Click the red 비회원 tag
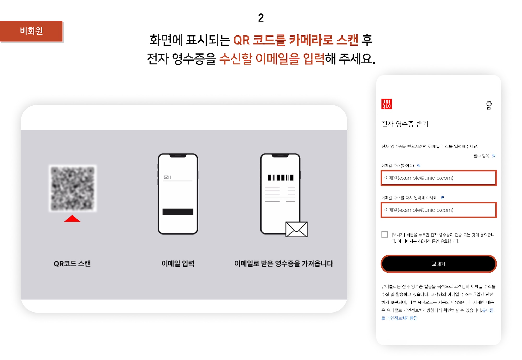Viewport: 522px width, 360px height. (x=31, y=31)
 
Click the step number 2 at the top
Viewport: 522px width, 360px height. (x=261, y=18)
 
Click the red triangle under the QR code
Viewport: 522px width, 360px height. (x=72, y=219)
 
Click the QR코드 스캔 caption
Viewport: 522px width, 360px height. (x=72, y=263)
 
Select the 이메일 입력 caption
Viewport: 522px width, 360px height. (x=178, y=263)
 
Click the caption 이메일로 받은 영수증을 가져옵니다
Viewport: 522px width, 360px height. (x=283, y=263)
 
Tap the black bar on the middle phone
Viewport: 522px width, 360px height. (x=178, y=212)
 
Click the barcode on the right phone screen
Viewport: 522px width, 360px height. (x=281, y=178)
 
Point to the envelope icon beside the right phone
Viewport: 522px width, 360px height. (x=296, y=229)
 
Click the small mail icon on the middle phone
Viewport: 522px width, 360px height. (x=166, y=177)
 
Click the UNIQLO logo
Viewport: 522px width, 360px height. (x=386, y=104)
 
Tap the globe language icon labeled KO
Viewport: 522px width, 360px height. (x=489, y=105)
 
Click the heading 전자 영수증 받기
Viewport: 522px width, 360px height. (x=405, y=124)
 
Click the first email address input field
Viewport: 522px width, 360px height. (x=438, y=178)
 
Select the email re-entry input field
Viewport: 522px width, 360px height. (x=438, y=210)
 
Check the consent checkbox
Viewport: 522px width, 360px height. (x=384, y=234)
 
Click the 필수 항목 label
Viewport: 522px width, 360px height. (x=482, y=156)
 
